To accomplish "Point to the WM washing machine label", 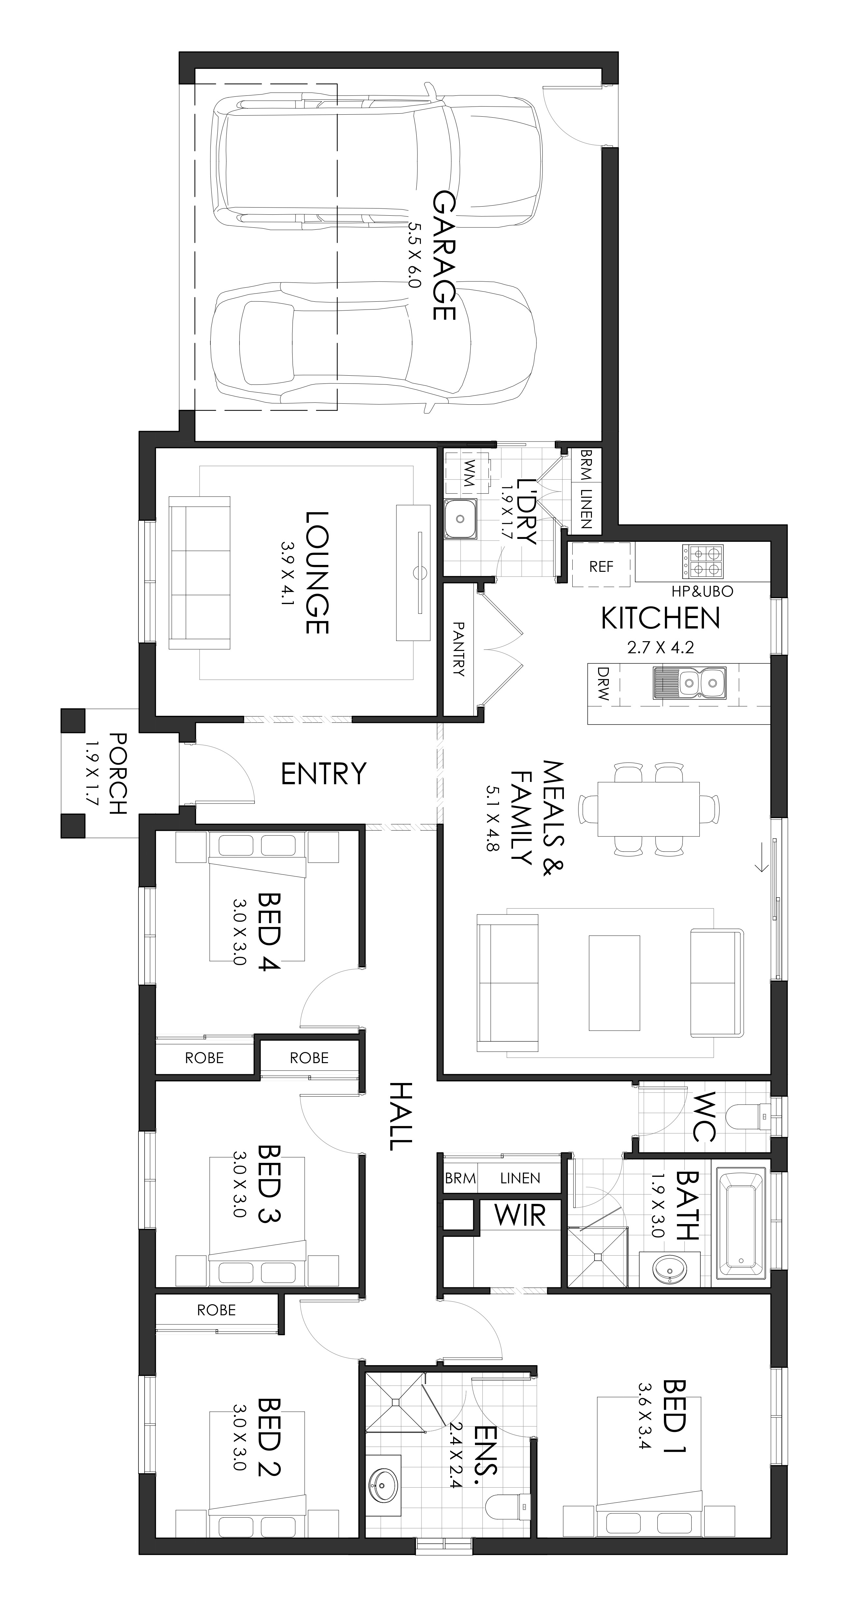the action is pos(468,473).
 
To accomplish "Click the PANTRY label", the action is pos(459,649).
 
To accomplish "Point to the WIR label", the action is pos(520,1215).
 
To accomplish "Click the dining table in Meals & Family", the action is pos(649,809).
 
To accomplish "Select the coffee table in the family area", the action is pos(615,983).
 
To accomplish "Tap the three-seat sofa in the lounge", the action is pos(200,572).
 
